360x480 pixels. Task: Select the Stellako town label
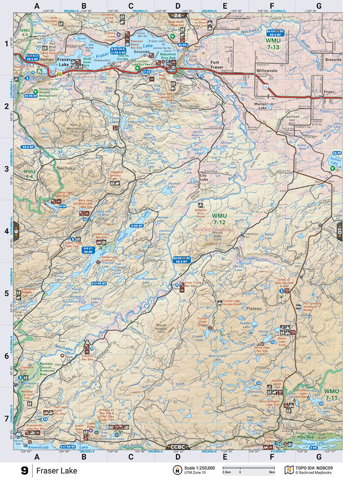(x=47, y=58)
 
